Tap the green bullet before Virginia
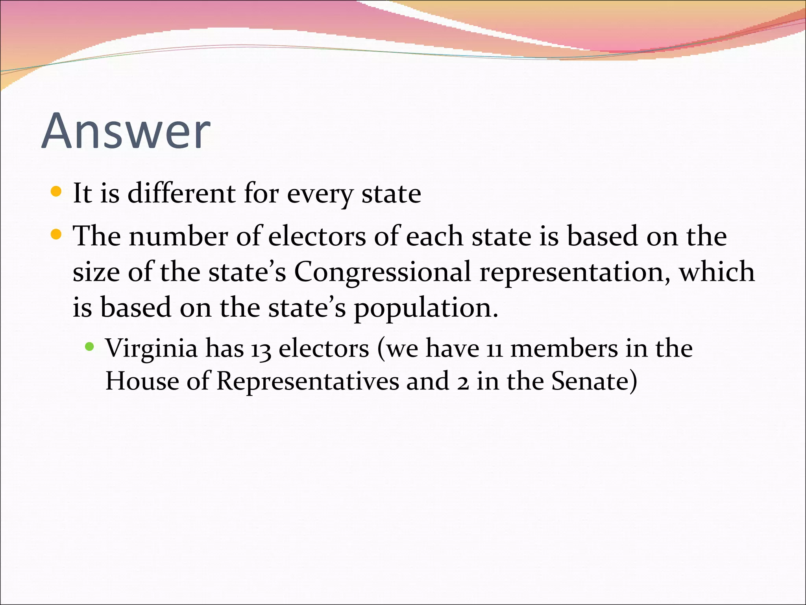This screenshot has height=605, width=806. tap(90, 347)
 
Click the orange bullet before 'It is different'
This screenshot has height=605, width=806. tap(57, 192)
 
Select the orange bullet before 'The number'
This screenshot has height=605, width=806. tap(57, 235)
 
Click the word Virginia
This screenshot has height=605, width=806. tap(152, 349)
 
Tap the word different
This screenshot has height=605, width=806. tap(181, 193)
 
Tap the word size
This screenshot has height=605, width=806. tap(96, 272)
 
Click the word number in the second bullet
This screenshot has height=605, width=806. tap(178, 236)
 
